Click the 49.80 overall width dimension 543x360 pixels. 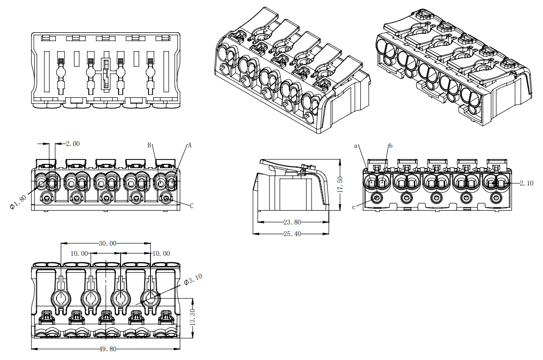coord(107,349)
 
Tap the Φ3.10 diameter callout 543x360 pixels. coord(193,280)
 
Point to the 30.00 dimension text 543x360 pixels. coord(108,244)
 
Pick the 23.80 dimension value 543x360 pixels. coord(292,222)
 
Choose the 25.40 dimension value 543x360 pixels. coord(292,234)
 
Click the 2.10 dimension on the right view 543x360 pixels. coord(527,183)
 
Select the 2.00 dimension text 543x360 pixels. coord(73,144)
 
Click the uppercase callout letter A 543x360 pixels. coord(190,145)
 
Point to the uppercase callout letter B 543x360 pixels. coord(149,145)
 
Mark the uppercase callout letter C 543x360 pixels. coord(191,206)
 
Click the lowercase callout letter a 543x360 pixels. coord(356,145)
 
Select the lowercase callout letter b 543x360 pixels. coord(391,146)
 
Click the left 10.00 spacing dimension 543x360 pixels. coord(80,253)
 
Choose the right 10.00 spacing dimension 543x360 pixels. coord(161,253)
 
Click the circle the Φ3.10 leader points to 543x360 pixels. coord(149,299)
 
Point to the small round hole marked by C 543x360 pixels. coord(167,198)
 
